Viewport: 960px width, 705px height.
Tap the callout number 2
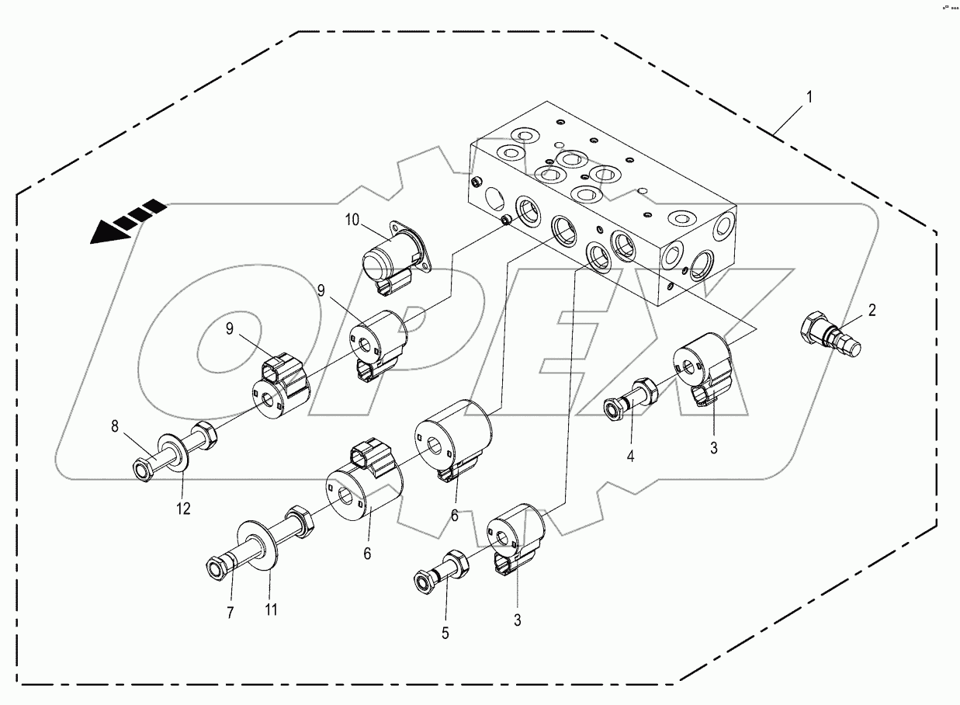tap(872, 311)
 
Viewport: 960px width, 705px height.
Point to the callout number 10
tap(352, 221)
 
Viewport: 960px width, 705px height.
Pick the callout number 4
tap(630, 457)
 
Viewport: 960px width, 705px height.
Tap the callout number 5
tap(445, 632)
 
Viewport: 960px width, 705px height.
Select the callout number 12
tap(183, 509)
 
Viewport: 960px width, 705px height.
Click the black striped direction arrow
tap(124, 222)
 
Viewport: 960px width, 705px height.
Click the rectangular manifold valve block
tap(605, 202)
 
